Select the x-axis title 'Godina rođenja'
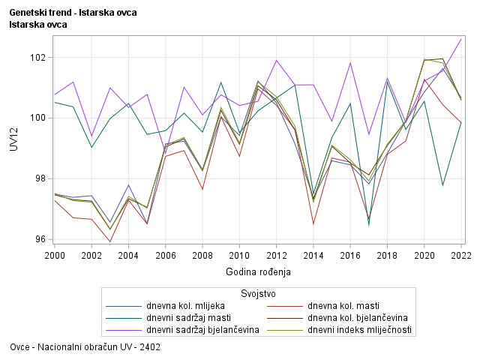[x=258, y=271]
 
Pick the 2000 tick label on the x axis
[x=55, y=256]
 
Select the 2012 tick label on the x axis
[x=277, y=256]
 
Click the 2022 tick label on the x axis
[x=461, y=256]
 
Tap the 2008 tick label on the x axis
[x=202, y=256]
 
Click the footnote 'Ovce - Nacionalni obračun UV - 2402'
[x=85, y=348]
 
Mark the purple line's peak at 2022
[x=461, y=39]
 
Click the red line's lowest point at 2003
[x=110, y=241]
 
